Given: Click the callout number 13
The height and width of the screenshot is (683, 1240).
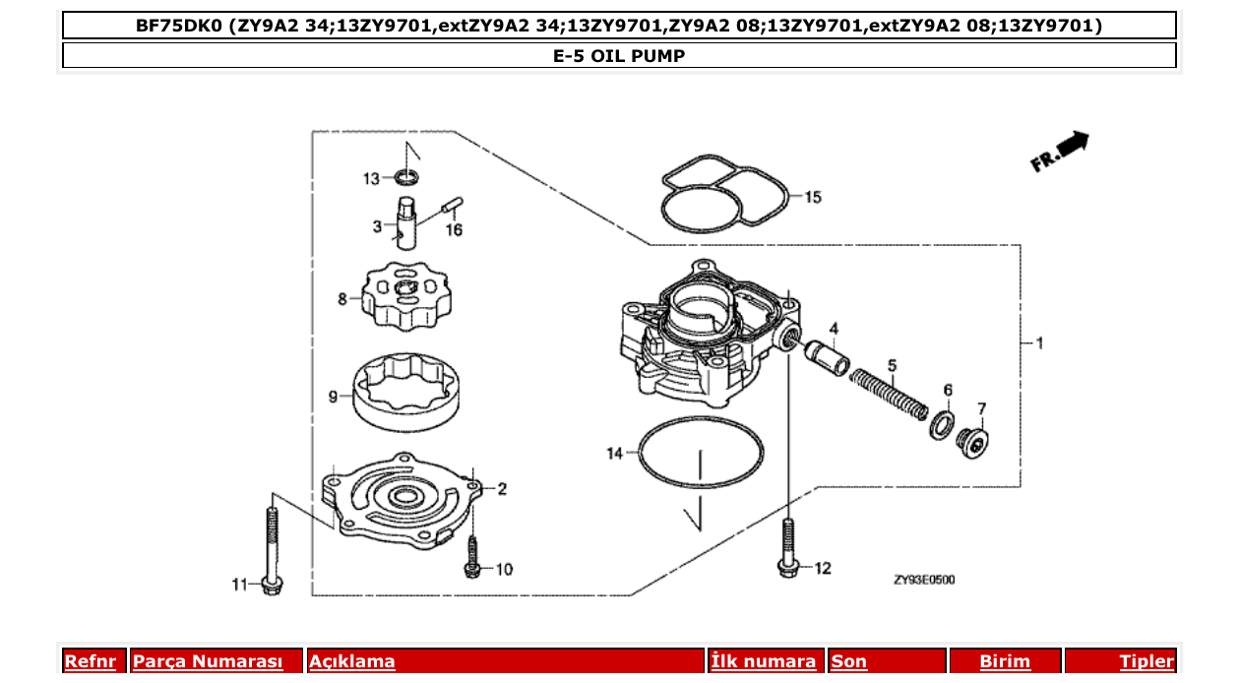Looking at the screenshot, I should point(371,178).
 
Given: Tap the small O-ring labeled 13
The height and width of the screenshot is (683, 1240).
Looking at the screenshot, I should point(406,177).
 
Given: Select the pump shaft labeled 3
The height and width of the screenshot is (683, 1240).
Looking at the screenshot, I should point(408,223).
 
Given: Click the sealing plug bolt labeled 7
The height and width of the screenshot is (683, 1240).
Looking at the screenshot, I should point(974,444).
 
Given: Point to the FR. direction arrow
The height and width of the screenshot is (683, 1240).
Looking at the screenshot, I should point(1060,153).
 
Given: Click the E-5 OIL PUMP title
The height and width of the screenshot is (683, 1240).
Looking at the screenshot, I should point(619,56).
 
